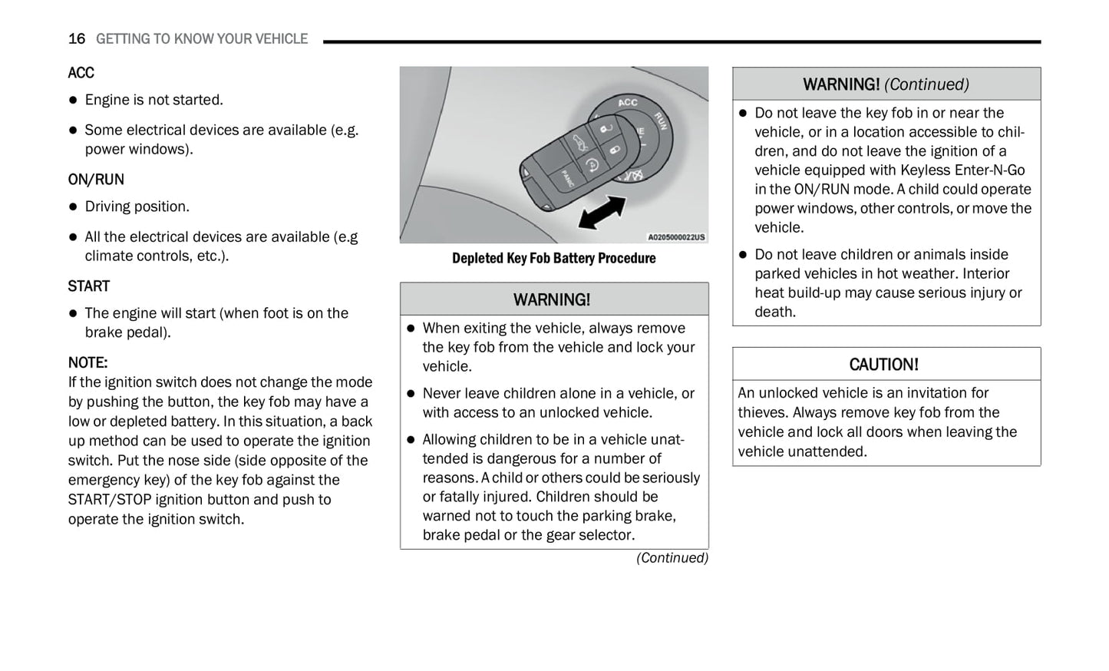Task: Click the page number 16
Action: [x=76, y=39]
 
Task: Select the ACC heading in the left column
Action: [x=81, y=73]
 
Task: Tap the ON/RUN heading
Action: [x=96, y=180]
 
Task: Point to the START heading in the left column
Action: [x=88, y=286]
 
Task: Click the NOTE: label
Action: [x=87, y=362]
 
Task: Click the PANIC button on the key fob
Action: [x=566, y=179]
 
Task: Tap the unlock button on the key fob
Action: [x=606, y=127]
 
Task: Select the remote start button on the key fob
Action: [x=592, y=164]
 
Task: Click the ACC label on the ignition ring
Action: [x=628, y=102]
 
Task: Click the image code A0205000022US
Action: [x=675, y=237]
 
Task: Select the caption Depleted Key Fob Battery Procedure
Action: [x=553, y=259]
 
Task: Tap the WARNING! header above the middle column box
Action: [x=552, y=299]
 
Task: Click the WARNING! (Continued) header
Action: [x=886, y=84]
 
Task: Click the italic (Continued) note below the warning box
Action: [x=672, y=558]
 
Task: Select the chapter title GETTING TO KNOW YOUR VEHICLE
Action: [x=201, y=39]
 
